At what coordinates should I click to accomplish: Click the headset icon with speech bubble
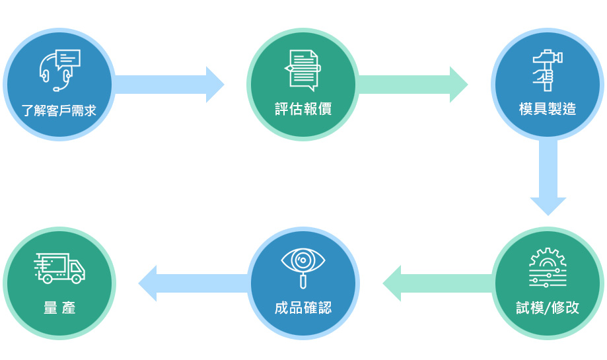pyautogui.click(x=59, y=70)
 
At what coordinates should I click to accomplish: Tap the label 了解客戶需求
pyautogui.click(x=59, y=111)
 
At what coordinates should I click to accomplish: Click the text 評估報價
pyautogui.click(x=303, y=109)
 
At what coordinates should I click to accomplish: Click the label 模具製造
pyautogui.click(x=548, y=109)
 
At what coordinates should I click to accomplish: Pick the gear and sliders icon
pyautogui.click(x=548, y=268)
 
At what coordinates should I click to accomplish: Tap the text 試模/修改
pyautogui.click(x=548, y=308)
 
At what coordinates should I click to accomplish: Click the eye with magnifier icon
pyautogui.click(x=303, y=268)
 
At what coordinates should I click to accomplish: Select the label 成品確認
pyautogui.click(x=303, y=308)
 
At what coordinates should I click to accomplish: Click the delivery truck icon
pyautogui.click(x=59, y=268)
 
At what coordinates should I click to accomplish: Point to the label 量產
pyautogui.click(x=59, y=308)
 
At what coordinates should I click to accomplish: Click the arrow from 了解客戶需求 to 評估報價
pyautogui.click(x=169, y=85)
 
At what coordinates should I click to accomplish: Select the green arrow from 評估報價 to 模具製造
pyautogui.click(x=413, y=85)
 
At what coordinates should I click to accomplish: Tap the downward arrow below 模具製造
pyautogui.click(x=548, y=177)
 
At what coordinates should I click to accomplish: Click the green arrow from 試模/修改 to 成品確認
pyautogui.click(x=438, y=283)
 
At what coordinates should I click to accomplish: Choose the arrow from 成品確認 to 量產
pyautogui.click(x=194, y=283)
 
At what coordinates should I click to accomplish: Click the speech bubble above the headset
pyautogui.click(x=68, y=59)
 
